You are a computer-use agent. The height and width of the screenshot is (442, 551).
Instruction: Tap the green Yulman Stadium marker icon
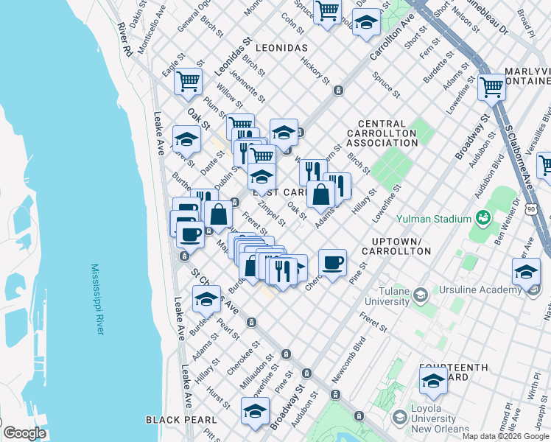[x=483, y=218]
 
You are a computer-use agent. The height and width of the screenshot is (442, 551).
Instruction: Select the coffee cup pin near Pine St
[x=332, y=262]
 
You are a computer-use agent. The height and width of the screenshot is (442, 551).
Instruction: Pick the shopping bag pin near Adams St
[x=321, y=194]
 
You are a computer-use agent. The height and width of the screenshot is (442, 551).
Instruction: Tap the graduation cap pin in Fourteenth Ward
[x=433, y=382]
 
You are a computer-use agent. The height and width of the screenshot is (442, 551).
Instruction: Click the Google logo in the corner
[x=24, y=433]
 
